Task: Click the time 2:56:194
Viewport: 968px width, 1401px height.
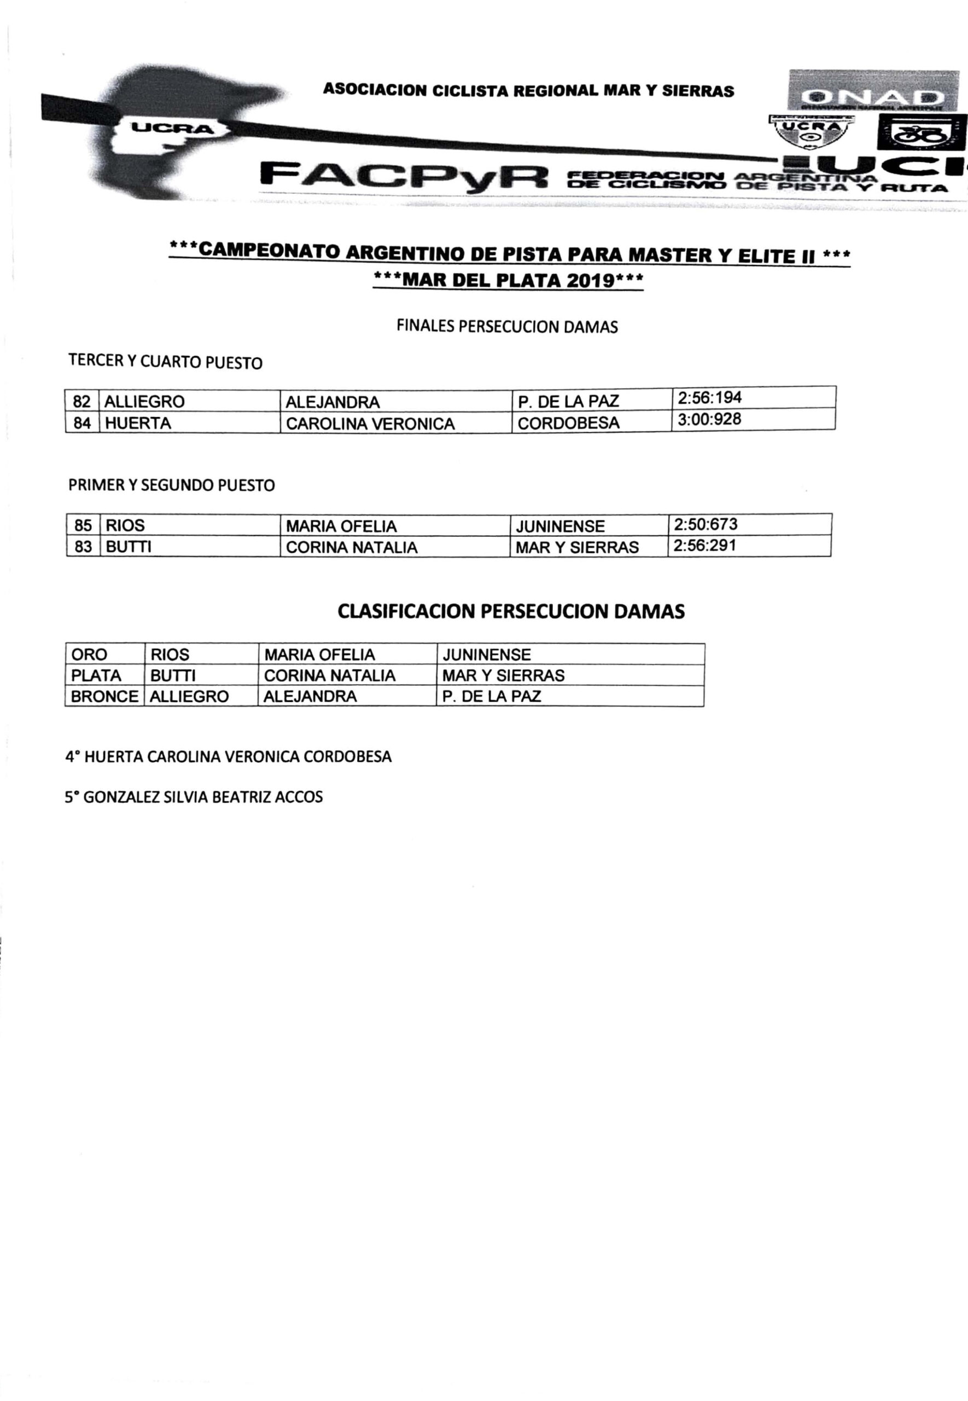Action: click(x=709, y=398)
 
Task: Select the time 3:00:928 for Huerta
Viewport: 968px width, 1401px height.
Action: click(x=709, y=419)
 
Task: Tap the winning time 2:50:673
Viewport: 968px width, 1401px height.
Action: click(x=705, y=524)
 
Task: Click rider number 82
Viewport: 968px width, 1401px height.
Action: click(x=82, y=402)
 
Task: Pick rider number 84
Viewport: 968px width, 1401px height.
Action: click(x=82, y=423)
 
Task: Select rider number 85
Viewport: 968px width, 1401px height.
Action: click(x=83, y=525)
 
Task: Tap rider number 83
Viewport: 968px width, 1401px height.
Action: click(x=83, y=547)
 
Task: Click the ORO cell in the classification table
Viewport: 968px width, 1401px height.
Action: click(x=89, y=655)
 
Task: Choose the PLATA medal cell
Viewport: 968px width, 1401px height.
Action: click(x=96, y=675)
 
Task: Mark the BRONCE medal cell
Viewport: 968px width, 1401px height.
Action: click(x=104, y=697)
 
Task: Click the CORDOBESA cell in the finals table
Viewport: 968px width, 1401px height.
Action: click(x=568, y=424)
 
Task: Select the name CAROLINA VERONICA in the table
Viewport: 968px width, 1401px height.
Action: click(x=370, y=424)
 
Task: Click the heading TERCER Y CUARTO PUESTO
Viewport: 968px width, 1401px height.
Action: click(x=166, y=362)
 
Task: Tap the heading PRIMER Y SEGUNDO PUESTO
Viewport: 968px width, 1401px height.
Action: click(x=172, y=485)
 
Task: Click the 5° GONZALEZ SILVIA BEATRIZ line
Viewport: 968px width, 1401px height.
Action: click(x=194, y=797)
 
